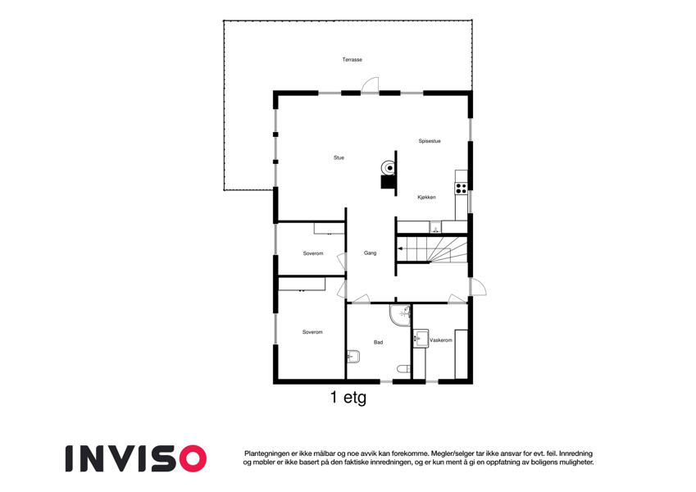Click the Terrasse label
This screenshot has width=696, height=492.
tap(352, 60)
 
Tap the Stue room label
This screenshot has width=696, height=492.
tap(339, 157)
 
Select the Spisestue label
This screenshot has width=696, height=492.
tap(430, 141)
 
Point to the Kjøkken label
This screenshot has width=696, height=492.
tap(426, 197)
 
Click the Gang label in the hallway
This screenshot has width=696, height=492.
tap(371, 253)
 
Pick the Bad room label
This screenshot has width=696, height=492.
tap(378, 343)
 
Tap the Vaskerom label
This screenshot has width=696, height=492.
tap(441, 340)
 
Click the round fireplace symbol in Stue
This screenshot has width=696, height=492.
tap(389, 168)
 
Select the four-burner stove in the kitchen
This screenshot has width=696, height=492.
tap(461, 189)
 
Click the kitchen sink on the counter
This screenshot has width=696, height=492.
tap(435, 227)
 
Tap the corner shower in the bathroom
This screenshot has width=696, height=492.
tap(400, 315)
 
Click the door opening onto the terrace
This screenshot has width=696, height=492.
tap(370, 86)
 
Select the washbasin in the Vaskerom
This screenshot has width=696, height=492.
tap(421, 339)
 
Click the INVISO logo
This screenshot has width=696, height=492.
tap(136, 458)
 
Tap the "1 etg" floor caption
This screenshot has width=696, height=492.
tap(348, 397)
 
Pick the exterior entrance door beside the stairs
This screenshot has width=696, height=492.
tap(478, 287)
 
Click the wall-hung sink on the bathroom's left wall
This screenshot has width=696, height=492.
tap(353, 357)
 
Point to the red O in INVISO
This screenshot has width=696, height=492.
tap(193, 458)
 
